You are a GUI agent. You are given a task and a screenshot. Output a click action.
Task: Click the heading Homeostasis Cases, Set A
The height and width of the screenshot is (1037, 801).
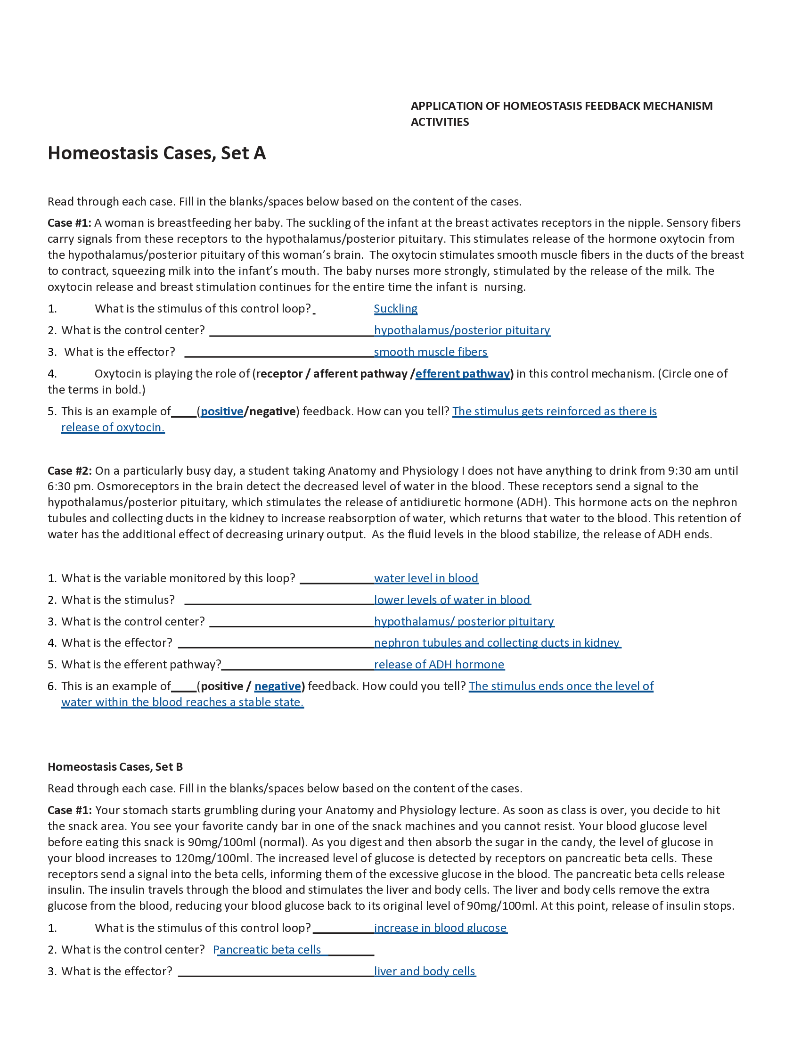click(156, 153)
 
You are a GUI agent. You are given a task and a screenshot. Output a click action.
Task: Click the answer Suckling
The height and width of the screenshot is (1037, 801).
click(395, 309)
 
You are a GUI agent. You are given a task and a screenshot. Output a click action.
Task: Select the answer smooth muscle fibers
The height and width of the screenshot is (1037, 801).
click(430, 352)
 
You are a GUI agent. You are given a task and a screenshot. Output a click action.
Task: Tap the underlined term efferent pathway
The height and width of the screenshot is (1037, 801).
click(462, 374)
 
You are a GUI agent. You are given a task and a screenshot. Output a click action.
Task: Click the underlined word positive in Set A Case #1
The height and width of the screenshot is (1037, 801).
click(221, 411)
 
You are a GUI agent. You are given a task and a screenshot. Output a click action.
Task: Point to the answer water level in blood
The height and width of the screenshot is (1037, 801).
click(426, 578)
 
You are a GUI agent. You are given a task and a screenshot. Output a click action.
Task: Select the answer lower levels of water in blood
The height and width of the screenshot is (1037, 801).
click(452, 600)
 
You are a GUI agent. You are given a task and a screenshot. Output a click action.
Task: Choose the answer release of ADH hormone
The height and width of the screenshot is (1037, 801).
click(439, 664)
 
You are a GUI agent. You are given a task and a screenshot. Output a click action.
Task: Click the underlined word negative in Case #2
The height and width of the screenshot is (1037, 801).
click(278, 686)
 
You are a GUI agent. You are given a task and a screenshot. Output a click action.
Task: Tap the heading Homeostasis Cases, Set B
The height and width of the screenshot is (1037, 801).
click(115, 767)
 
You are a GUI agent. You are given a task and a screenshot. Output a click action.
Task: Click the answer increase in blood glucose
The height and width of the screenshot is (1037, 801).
click(441, 928)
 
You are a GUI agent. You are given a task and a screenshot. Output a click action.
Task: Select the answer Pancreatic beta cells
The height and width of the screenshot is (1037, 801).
click(267, 950)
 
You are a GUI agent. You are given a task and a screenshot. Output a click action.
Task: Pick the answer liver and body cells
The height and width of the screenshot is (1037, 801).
click(425, 971)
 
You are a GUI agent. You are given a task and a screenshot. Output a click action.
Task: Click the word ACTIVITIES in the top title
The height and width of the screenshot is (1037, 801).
click(440, 122)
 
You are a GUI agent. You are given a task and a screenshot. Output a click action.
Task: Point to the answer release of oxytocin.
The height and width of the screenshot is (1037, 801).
click(113, 428)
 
